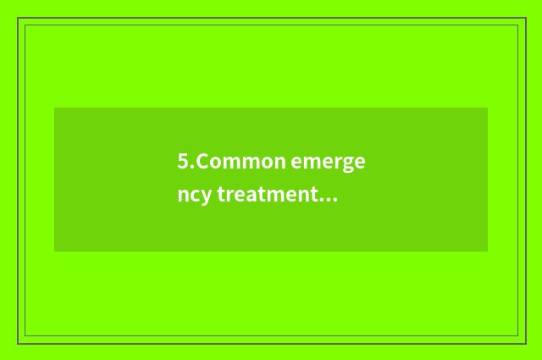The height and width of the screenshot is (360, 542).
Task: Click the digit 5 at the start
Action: (183, 161)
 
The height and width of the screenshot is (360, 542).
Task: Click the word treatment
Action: (267, 196)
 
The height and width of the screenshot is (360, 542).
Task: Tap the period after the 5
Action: (192, 166)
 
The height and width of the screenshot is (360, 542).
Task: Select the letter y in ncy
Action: (205, 198)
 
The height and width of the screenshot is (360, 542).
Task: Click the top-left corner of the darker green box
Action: (54, 108)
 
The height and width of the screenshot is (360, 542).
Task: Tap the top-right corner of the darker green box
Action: (488, 108)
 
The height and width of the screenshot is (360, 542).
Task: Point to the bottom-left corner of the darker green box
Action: (54, 252)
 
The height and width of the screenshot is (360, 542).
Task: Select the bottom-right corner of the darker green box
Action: (488, 252)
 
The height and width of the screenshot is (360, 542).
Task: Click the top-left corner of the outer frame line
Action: (18, 18)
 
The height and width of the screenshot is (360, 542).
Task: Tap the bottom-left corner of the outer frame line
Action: (18, 343)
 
